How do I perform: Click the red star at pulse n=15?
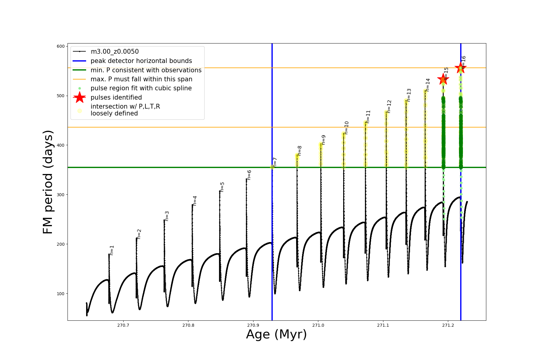click(443, 79)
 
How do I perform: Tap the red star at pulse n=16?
click(460, 67)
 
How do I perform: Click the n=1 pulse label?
click(112, 250)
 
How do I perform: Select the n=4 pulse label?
click(195, 201)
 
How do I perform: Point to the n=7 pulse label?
click(275, 162)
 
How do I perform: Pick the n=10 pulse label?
click(346, 127)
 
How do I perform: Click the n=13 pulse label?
click(409, 95)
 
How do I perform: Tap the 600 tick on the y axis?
click(61, 46)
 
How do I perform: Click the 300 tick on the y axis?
click(61, 195)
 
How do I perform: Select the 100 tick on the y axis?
click(61, 294)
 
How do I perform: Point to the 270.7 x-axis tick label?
click(123, 325)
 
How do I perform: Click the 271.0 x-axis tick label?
click(318, 325)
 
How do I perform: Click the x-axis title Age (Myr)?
click(276, 334)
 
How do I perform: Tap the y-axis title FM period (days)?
click(48, 182)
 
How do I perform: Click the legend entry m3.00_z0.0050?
click(115, 52)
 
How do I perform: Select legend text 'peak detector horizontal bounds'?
click(141, 61)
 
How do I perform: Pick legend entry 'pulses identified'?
click(116, 97)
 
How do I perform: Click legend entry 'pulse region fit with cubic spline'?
click(141, 88)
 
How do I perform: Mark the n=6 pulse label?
click(249, 175)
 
